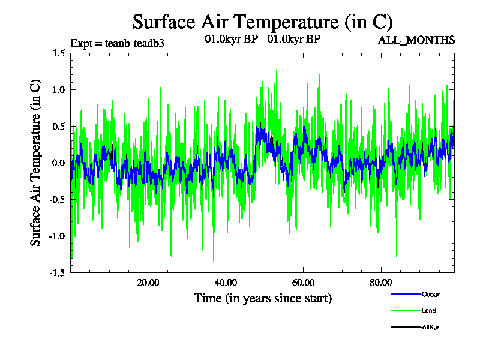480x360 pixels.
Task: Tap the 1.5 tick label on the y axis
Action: pyautogui.click(x=58, y=53)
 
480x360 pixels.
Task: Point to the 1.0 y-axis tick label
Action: pyautogui.click(x=58, y=90)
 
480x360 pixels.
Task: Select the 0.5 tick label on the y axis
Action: pyautogui.click(x=58, y=127)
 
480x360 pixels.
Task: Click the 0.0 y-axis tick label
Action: pyautogui.click(x=58, y=163)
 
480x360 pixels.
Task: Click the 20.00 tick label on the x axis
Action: pyautogui.click(x=148, y=283)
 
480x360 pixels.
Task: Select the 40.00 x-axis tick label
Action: pyautogui.click(x=225, y=283)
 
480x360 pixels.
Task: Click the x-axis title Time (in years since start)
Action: pyautogui.click(x=262, y=298)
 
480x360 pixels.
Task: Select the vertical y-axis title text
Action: pyautogui.click(x=36, y=163)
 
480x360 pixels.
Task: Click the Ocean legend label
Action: pyautogui.click(x=431, y=294)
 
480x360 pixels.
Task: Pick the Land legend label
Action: pyautogui.click(x=428, y=311)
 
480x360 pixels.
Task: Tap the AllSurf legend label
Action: pyautogui.click(x=431, y=328)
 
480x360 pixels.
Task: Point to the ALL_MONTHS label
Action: pyautogui.click(x=416, y=40)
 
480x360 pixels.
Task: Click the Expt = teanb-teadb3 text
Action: pyautogui.click(x=118, y=43)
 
